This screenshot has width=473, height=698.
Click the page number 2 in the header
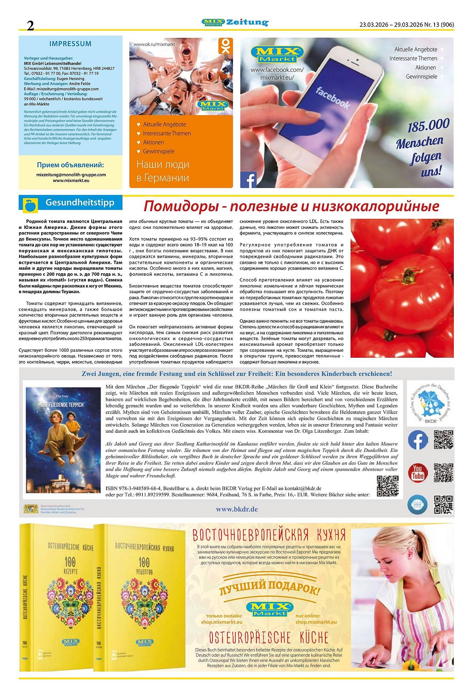tap(31, 25)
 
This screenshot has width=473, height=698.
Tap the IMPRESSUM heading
tap(70, 44)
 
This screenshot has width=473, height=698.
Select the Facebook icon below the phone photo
tap(248, 180)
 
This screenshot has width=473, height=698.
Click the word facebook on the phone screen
tap(332, 98)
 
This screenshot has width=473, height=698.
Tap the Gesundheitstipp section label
tap(80, 203)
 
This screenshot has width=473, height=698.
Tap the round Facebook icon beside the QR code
tap(418, 440)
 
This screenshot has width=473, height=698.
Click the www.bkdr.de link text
tap(237, 509)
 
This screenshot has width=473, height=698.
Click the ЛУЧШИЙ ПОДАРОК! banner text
tap(269, 589)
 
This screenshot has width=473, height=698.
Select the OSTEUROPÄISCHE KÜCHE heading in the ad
tap(269, 638)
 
